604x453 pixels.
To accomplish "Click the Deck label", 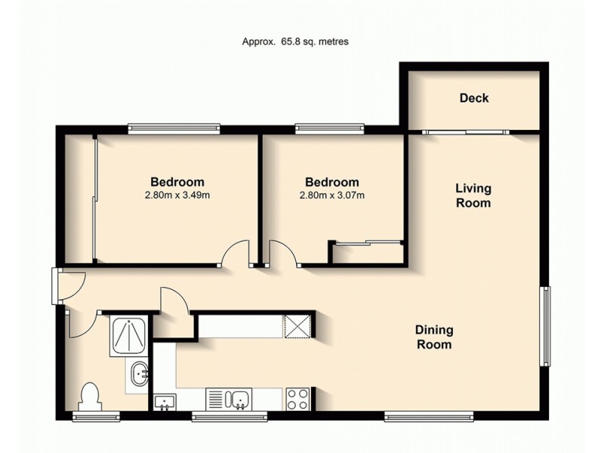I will pos(473,98).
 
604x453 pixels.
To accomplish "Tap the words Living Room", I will pos(473,196).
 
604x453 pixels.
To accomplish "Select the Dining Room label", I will pos(433,337).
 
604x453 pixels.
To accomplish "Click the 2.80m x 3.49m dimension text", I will pos(177,196).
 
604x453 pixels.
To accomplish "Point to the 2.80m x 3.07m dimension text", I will pos(331,196).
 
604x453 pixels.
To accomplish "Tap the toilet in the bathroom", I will pos(89,397).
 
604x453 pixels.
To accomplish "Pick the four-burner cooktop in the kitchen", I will pos(297,398).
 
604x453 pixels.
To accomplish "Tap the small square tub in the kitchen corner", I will pos(164,402).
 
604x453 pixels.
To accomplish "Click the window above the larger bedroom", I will pos(174,128).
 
